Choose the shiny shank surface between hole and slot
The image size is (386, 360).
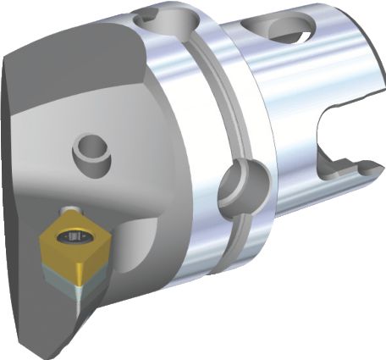coord(305,93)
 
